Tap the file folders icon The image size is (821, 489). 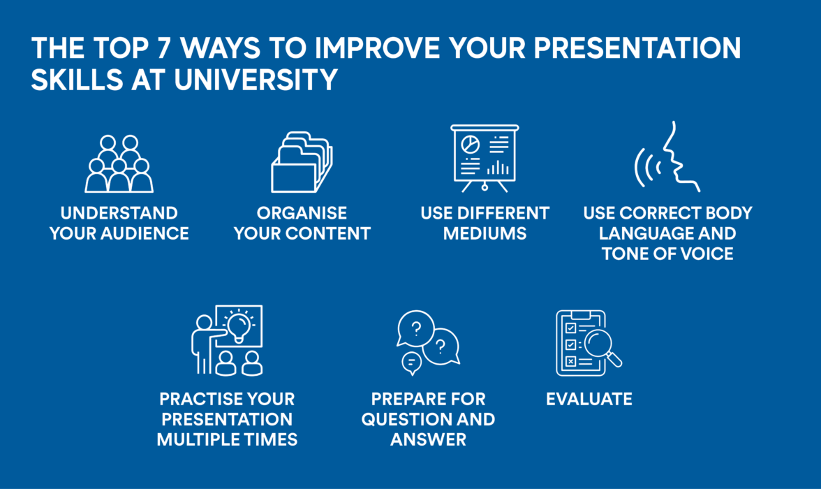click(302, 162)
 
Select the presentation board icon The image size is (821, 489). click(485, 158)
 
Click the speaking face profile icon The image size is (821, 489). click(677, 158)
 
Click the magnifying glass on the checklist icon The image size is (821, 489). click(600, 345)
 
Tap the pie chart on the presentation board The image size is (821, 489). click(471, 144)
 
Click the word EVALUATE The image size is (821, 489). click(589, 399)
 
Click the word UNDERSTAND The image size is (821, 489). click(119, 213)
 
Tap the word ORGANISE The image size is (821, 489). click(302, 213)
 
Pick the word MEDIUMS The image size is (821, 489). click(485, 233)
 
